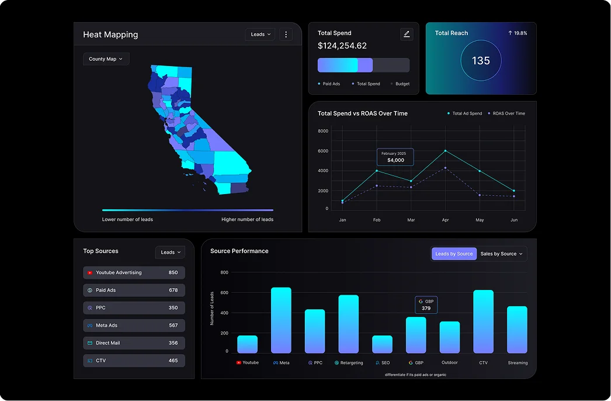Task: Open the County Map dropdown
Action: [x=106, y=59]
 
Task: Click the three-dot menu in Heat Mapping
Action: [x=286, y=34]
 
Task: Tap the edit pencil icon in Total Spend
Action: [x=407, y=34]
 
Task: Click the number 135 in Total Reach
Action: [x=481, y=61]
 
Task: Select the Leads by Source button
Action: [x=454, y=254]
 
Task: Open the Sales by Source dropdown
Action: [x=502, y=254]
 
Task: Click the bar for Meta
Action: [x=281, y=320]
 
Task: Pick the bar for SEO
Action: [x=383, y=344]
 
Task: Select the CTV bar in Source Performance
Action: [x=483, y=322]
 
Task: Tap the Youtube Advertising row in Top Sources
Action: [x=134, y=273]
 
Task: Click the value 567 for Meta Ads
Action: [x=173, y=326]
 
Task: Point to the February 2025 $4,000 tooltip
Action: [x=395, y=157]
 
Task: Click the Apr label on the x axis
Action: [x=445, y=220]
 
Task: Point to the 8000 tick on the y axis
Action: [x=323, y=131]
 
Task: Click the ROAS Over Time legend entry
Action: [x=506, y=113]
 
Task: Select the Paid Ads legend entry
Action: [x=331, y=84]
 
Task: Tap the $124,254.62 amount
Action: [x=342, y=46]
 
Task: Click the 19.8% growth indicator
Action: [x=518, y=33]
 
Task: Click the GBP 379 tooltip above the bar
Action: [x=426, y=305]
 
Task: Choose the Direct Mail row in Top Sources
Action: [x=134, y=343]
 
